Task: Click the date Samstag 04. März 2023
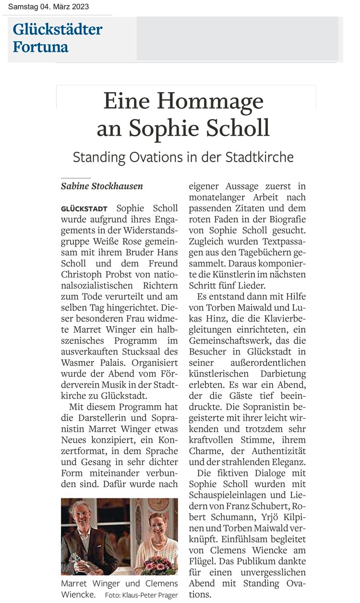[48, 7]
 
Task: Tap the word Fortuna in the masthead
[40, 47]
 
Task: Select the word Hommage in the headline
[211, 102]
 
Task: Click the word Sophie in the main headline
[174, 128]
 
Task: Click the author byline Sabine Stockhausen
[102, 186]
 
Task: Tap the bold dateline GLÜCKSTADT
[84, 209]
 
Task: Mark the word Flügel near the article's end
[202, 561]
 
